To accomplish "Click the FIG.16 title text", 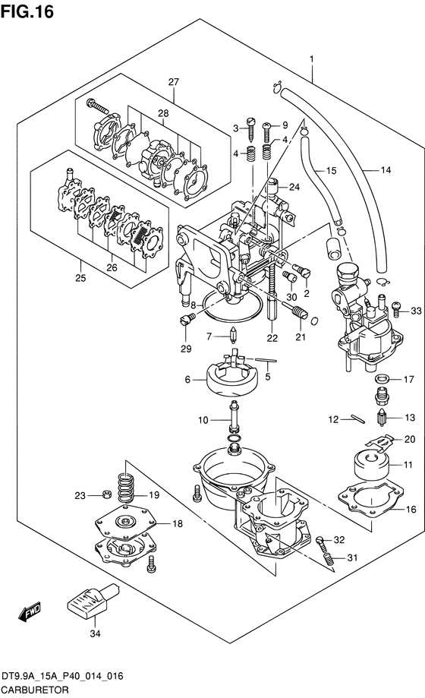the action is point(27,11).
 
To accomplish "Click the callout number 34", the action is point(95,633).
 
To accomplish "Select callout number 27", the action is point(174,82).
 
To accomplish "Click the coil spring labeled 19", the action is point(126,488).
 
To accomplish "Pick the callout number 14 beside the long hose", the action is point(386,170).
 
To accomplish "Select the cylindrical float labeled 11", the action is point(371,465).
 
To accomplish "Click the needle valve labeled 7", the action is point(233,336).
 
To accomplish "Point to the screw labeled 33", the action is point(396,310).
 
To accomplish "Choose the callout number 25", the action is point(80,278).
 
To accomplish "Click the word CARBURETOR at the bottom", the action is point(35,690).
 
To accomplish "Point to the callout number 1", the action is point(312,59).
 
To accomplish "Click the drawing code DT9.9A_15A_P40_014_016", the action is point(62,677).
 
